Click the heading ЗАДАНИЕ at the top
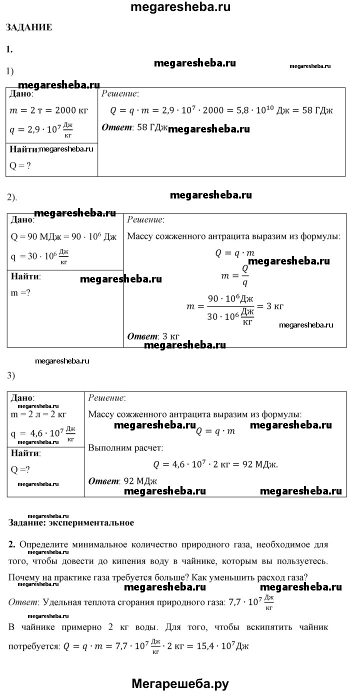pyautogui.click(x=28, y=27)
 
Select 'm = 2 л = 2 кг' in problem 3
pyautogui.click(x=38, y=414)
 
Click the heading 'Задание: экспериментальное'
pyautogui.click(x=71, y=523)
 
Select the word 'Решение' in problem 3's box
pyautogui.click(x=106, y=398)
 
